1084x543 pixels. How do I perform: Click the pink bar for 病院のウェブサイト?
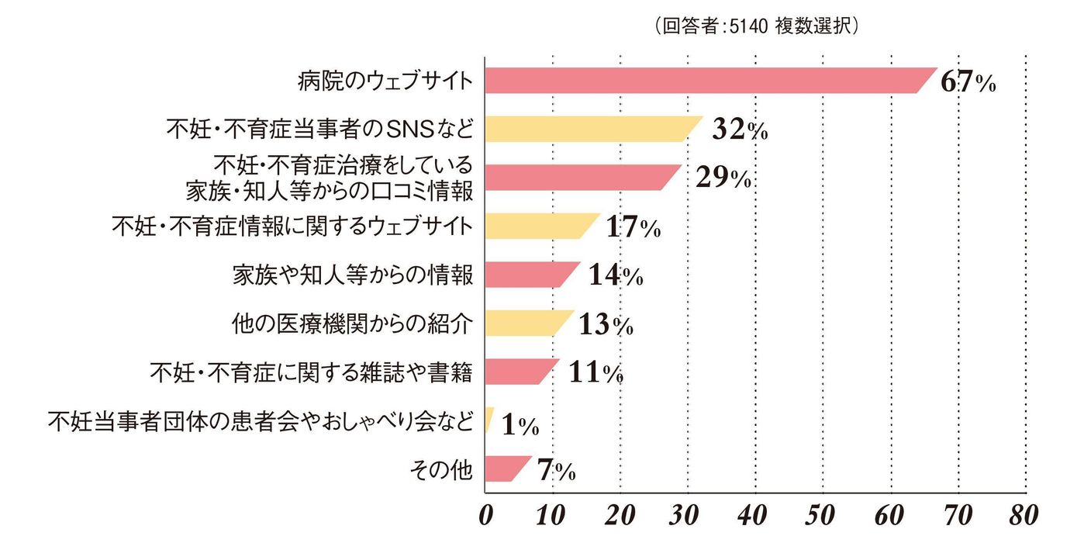(710, 81)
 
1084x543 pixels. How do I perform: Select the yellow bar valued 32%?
(593, 129)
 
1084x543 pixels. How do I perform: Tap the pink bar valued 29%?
(583, 177)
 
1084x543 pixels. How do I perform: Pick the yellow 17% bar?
(542, 226)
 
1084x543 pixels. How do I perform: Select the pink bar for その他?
(508, 469)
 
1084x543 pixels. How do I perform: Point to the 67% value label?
(968, 81)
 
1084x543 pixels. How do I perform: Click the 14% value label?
(616, 275)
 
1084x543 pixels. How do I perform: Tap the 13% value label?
(606, 323)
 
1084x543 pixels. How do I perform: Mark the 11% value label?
(596, 372)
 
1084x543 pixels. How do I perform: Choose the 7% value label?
(557, 469)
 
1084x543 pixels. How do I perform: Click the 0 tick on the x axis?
(486, 515)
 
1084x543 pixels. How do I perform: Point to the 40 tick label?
(752, 515)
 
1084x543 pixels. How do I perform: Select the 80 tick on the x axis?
(1024, 515)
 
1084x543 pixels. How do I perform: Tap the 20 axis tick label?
(620, 515)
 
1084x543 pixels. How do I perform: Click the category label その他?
(441, 469)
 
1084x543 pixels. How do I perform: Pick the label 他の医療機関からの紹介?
(352, 323)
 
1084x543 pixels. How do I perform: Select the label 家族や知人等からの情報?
(352, 275)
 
